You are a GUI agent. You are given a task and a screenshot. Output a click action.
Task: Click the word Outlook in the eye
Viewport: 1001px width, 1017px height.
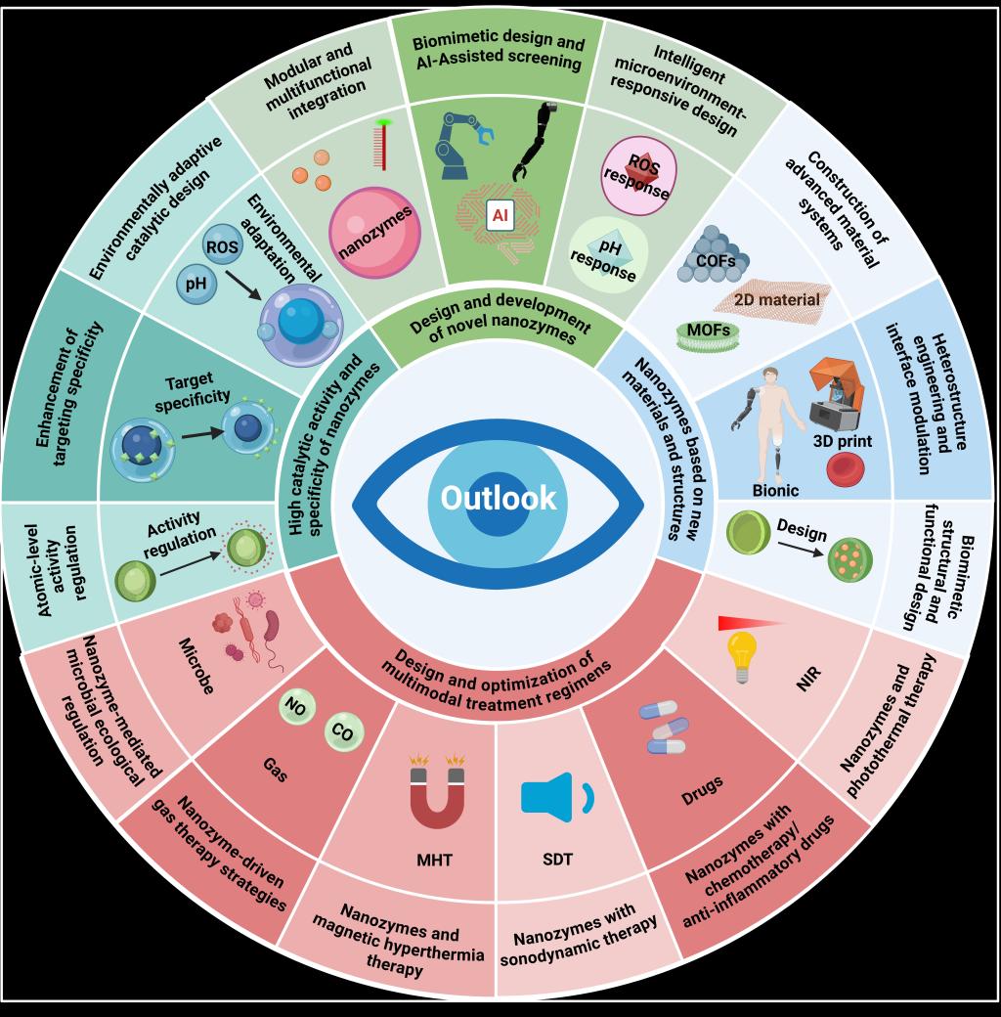click(x=499, y=498)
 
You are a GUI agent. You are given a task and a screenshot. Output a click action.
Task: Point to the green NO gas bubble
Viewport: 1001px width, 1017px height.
click(x=294, y=706)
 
